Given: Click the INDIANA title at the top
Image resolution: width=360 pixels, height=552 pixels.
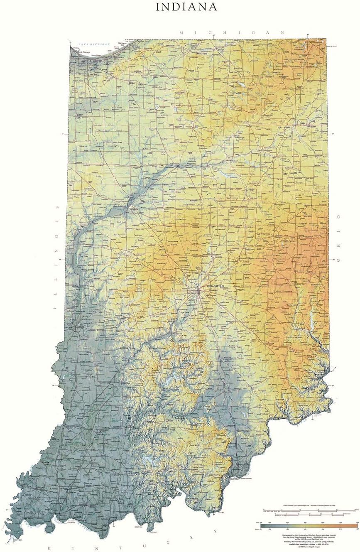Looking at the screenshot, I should tap(186, 7).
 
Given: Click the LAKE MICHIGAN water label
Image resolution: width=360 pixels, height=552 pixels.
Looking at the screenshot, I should tap(95, 44).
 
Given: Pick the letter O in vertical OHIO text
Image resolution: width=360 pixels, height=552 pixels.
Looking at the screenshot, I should tap(338, 217).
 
